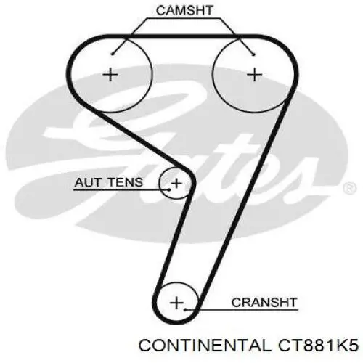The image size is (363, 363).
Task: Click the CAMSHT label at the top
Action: click(x=184, y=10)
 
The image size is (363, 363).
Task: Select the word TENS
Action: click(x=125, y=182)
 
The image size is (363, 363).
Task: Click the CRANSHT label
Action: click(x=264, y=303)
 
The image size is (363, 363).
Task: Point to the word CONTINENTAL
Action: click(x=205, y=345)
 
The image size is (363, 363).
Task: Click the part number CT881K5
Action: click(x=318, y=345)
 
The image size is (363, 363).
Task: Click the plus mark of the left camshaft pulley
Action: click(x=110, y=75)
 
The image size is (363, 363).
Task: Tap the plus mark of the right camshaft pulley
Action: click(x=254, y=75)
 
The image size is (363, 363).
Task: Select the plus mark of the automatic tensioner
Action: click(x=176, y=183)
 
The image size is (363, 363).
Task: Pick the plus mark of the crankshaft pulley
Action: click(x=177, y=303)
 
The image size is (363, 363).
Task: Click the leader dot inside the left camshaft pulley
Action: click(x=112, y=54)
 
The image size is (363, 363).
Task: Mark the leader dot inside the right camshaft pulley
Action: click(x=253, y=54)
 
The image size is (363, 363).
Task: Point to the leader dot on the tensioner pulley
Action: click(x=169, y=189)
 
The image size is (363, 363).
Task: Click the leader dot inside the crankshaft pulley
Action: click(x=185, y=309)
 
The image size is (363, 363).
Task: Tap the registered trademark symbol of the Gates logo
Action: click(x=350, y=188)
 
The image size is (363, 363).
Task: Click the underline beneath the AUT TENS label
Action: click(x=121, y=189)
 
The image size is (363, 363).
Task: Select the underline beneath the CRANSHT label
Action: click(x=241, y=309)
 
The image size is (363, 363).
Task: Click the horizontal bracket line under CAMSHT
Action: click(x=183, y=18)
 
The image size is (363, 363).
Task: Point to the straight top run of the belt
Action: click(x=182, y=36)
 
